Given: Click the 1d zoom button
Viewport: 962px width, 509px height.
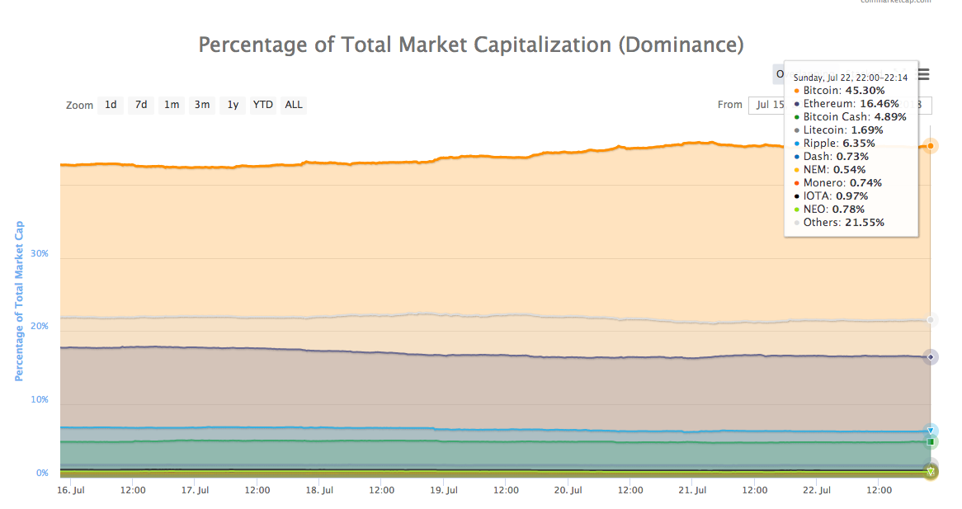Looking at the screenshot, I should [111, 105].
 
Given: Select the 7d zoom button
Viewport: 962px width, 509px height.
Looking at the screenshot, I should [141, 105].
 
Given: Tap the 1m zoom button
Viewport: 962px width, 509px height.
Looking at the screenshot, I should [172, 105].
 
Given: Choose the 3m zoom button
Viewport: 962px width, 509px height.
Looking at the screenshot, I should [202, 105].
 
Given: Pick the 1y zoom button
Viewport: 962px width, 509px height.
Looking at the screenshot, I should [233, 105].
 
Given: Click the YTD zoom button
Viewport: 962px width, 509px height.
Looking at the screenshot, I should [263, 105].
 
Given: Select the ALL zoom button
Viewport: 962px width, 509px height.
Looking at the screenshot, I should [294, 105].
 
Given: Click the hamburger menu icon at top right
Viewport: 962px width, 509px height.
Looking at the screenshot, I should [924, 75].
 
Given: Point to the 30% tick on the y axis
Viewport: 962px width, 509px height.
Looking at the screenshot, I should [39, 253].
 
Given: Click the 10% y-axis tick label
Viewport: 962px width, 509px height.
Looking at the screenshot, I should [39, 400].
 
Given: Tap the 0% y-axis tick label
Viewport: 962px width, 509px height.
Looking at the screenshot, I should [41, 474].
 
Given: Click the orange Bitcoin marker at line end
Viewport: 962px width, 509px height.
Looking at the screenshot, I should [931, 146].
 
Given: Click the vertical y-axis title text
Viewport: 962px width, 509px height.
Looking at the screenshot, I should [18, 301].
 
